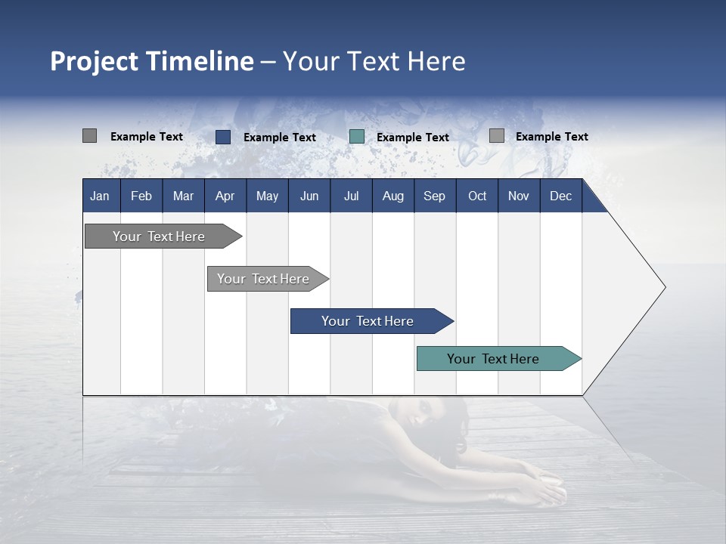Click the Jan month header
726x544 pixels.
point(100,196)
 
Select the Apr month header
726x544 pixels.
point(225,196)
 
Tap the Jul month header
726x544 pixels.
point(351,196)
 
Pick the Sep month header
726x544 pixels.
point(434,196)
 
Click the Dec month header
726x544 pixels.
point(560,196)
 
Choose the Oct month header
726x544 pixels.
point(477,196)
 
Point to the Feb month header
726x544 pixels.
point(141,196)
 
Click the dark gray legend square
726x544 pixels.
point(89,136)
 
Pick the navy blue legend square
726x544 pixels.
point(222,137)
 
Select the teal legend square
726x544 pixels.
point(356,137)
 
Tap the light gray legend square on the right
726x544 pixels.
point(496,136)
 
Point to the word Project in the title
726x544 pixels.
point(94,61)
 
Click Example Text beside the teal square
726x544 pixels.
point(412,138)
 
